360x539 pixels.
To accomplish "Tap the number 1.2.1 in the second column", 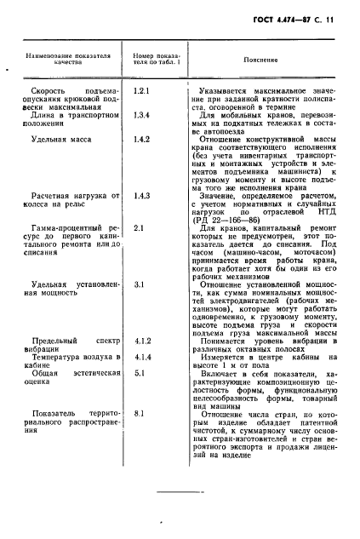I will pos(142,89).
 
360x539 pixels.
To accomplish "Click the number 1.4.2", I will pos(142,138).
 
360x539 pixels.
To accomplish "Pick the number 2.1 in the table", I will pos(140,227).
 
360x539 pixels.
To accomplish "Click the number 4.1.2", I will pos(142,340).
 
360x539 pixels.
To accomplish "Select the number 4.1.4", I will pos(142,357).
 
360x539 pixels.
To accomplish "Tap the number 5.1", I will pos(140,372).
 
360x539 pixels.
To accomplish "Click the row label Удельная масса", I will pos(60,138).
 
